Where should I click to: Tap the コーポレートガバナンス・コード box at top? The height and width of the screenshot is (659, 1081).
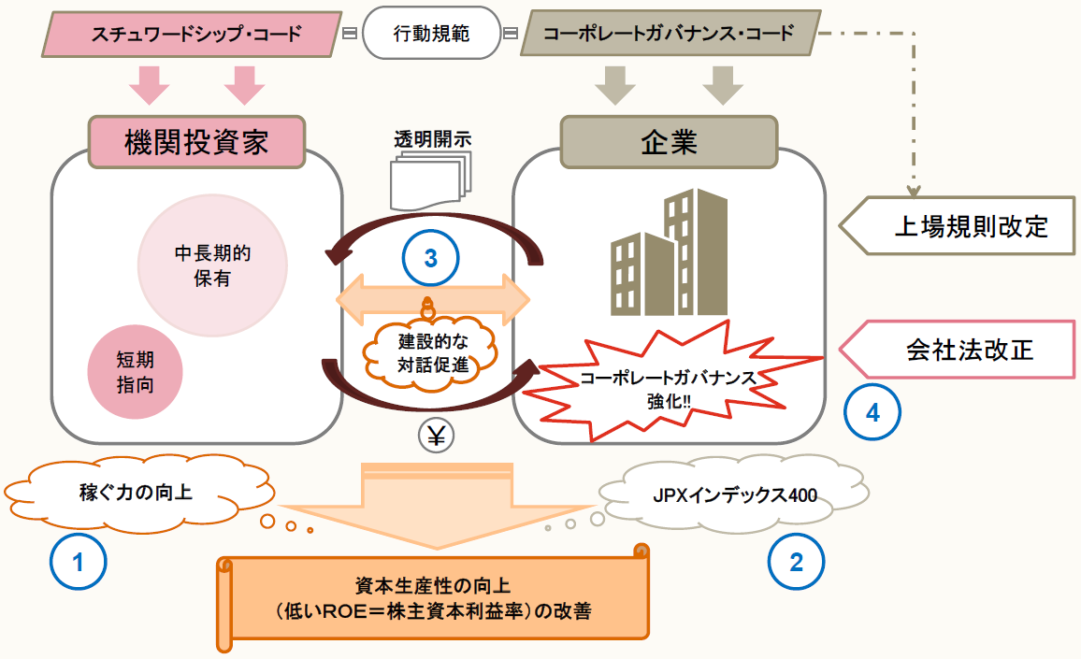coord(669,35)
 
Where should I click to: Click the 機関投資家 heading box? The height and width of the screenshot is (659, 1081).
coord(197,141)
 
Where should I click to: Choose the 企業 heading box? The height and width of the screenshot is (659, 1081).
coord(669,142)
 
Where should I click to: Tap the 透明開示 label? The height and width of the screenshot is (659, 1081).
coord(432,138)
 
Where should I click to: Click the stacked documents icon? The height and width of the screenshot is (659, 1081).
coord(429,182)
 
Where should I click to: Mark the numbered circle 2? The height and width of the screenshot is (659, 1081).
coord(797,562)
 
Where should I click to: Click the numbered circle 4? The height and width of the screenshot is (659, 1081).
coord(872,412)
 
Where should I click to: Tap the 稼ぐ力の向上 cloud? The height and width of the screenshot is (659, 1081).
coord(137,490)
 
